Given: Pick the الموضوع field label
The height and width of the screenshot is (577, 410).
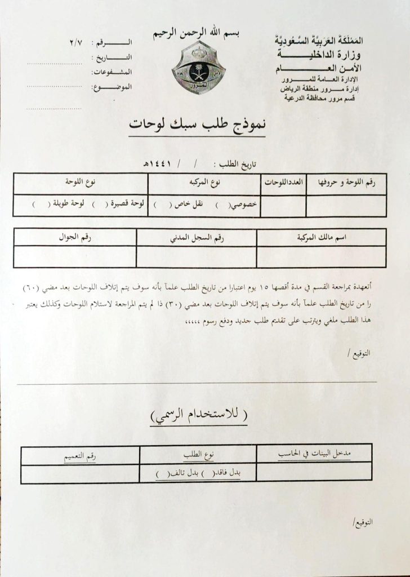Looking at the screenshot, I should point(120,87).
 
